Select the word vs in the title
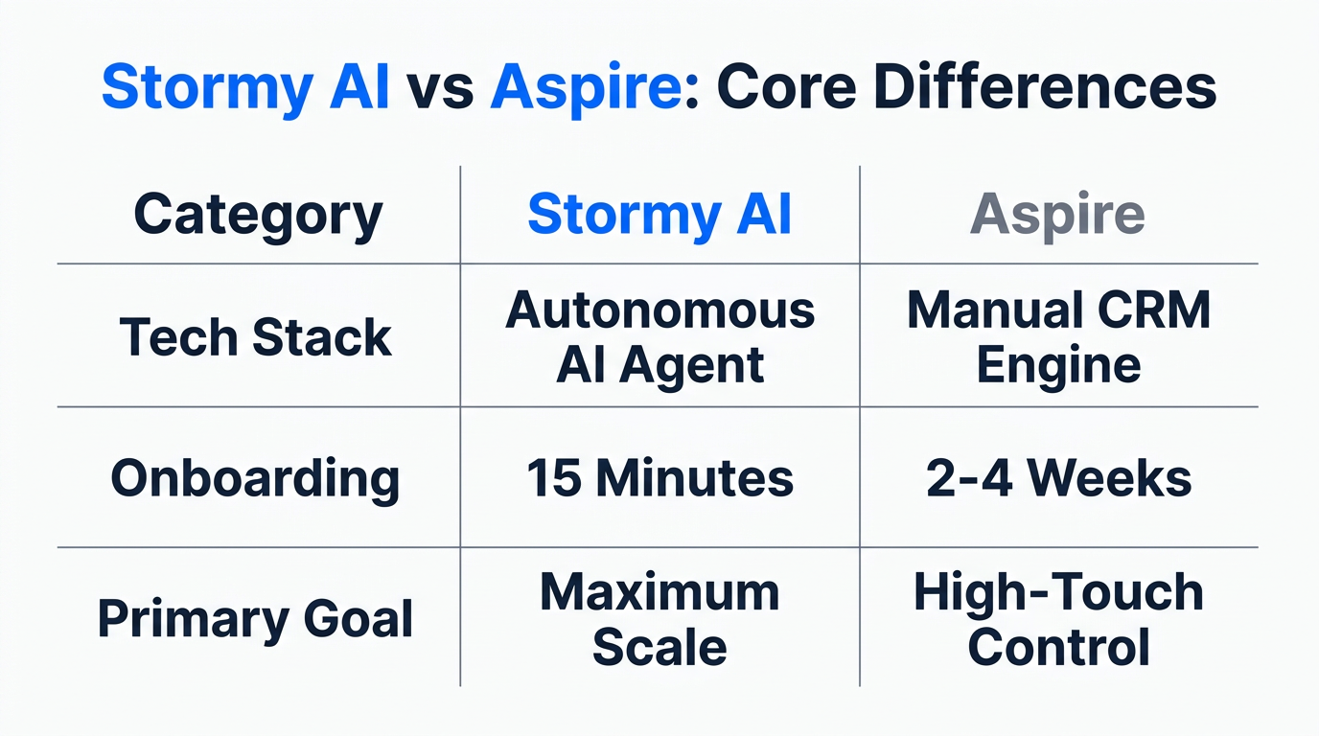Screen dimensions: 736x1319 [x=440, y=88]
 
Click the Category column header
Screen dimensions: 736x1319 [x=258, y=215]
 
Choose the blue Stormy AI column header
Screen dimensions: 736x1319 [x=659, y=215]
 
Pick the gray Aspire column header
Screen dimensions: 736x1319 [x=1057, y=215]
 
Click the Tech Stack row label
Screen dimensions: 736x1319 [x=256, y=337]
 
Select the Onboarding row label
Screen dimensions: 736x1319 [x=255, y=477]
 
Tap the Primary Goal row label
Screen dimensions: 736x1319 [x=256, y=619]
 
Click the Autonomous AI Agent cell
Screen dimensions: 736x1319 [x=659, y=337]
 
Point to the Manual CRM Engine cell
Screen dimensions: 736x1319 [x=1058, y=337]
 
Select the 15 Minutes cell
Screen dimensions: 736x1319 [x=659, y=477]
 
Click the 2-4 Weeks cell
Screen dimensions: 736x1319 [x=1058, y=477]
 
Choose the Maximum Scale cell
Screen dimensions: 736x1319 [x=659, y=619]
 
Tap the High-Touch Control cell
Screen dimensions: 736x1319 [x=1058, y=619]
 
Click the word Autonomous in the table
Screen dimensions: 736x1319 [x=659, y=310]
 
